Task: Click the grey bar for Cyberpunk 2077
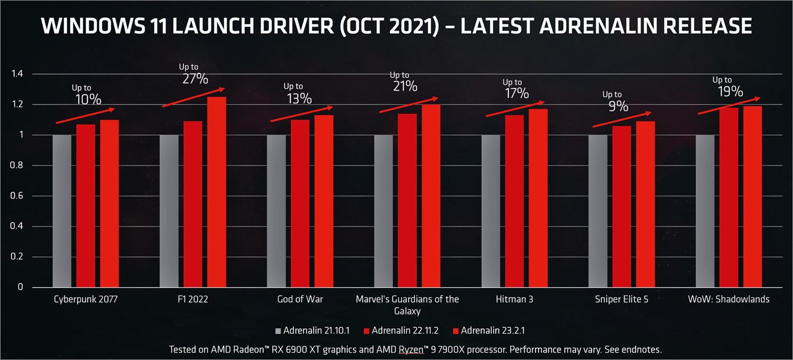[x=62, y=211]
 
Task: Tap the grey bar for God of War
[x=276, y=211]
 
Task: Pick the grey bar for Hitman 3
[x=490, y=211]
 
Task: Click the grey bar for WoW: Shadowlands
[x=705, y=211]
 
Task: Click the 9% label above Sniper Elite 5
[x=617, y=106]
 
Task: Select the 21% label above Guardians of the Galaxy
[x=405, y=86]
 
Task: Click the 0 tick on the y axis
[x=21, y=288]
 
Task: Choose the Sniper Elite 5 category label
[x=621, y=299]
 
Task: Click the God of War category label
[x=300, y=299]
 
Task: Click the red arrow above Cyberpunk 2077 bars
[x=85, y=116]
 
